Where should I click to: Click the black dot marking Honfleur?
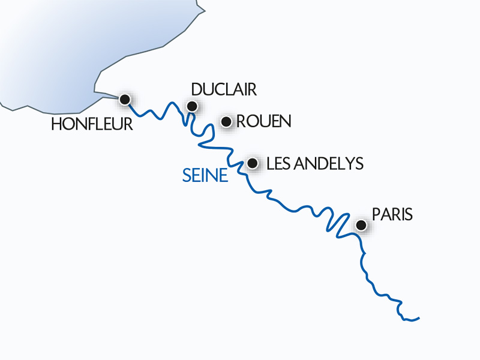125,99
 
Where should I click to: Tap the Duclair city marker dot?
192,107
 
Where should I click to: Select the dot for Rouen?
226,122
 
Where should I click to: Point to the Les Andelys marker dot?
253,163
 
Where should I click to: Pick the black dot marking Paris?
361,225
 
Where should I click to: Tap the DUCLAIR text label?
224,90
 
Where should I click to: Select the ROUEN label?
264,122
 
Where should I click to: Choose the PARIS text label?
392,214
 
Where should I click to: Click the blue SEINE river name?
205,176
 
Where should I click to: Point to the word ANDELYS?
331,163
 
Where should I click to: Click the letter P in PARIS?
376,214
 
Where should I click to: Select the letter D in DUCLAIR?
196,90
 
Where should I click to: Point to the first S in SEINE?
187,176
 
